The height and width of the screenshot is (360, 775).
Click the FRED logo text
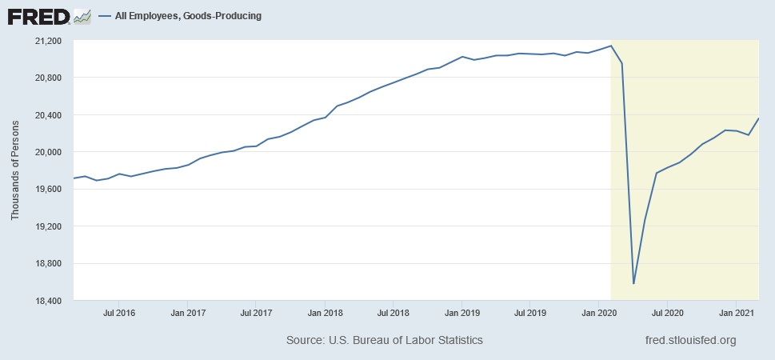[39, 17]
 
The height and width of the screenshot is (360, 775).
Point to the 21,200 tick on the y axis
[53, 41]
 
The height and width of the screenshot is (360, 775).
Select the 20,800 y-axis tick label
[53, 78]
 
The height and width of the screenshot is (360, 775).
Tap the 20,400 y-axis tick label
[53, 114]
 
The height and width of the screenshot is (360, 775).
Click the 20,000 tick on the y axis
[53, 152]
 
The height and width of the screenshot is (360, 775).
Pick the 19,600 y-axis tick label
[53, 189]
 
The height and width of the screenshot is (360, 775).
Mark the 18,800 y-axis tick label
[53, 263]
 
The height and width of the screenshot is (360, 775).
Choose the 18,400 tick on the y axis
[53, 301]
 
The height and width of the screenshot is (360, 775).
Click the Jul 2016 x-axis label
[118, 313]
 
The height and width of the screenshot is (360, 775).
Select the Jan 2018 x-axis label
[325, 313]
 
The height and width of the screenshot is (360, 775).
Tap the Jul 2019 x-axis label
[529, 313]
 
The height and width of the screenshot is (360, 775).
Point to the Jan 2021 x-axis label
[736, 313]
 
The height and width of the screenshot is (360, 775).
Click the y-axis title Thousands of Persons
[15, 170]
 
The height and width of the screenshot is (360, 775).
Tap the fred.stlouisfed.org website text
[691, 340]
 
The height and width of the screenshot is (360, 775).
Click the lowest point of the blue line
[633, 284]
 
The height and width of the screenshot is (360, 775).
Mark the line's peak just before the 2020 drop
[611, 46]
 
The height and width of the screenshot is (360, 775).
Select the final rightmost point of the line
[759, 118]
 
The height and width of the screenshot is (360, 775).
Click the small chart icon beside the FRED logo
[82, 17]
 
